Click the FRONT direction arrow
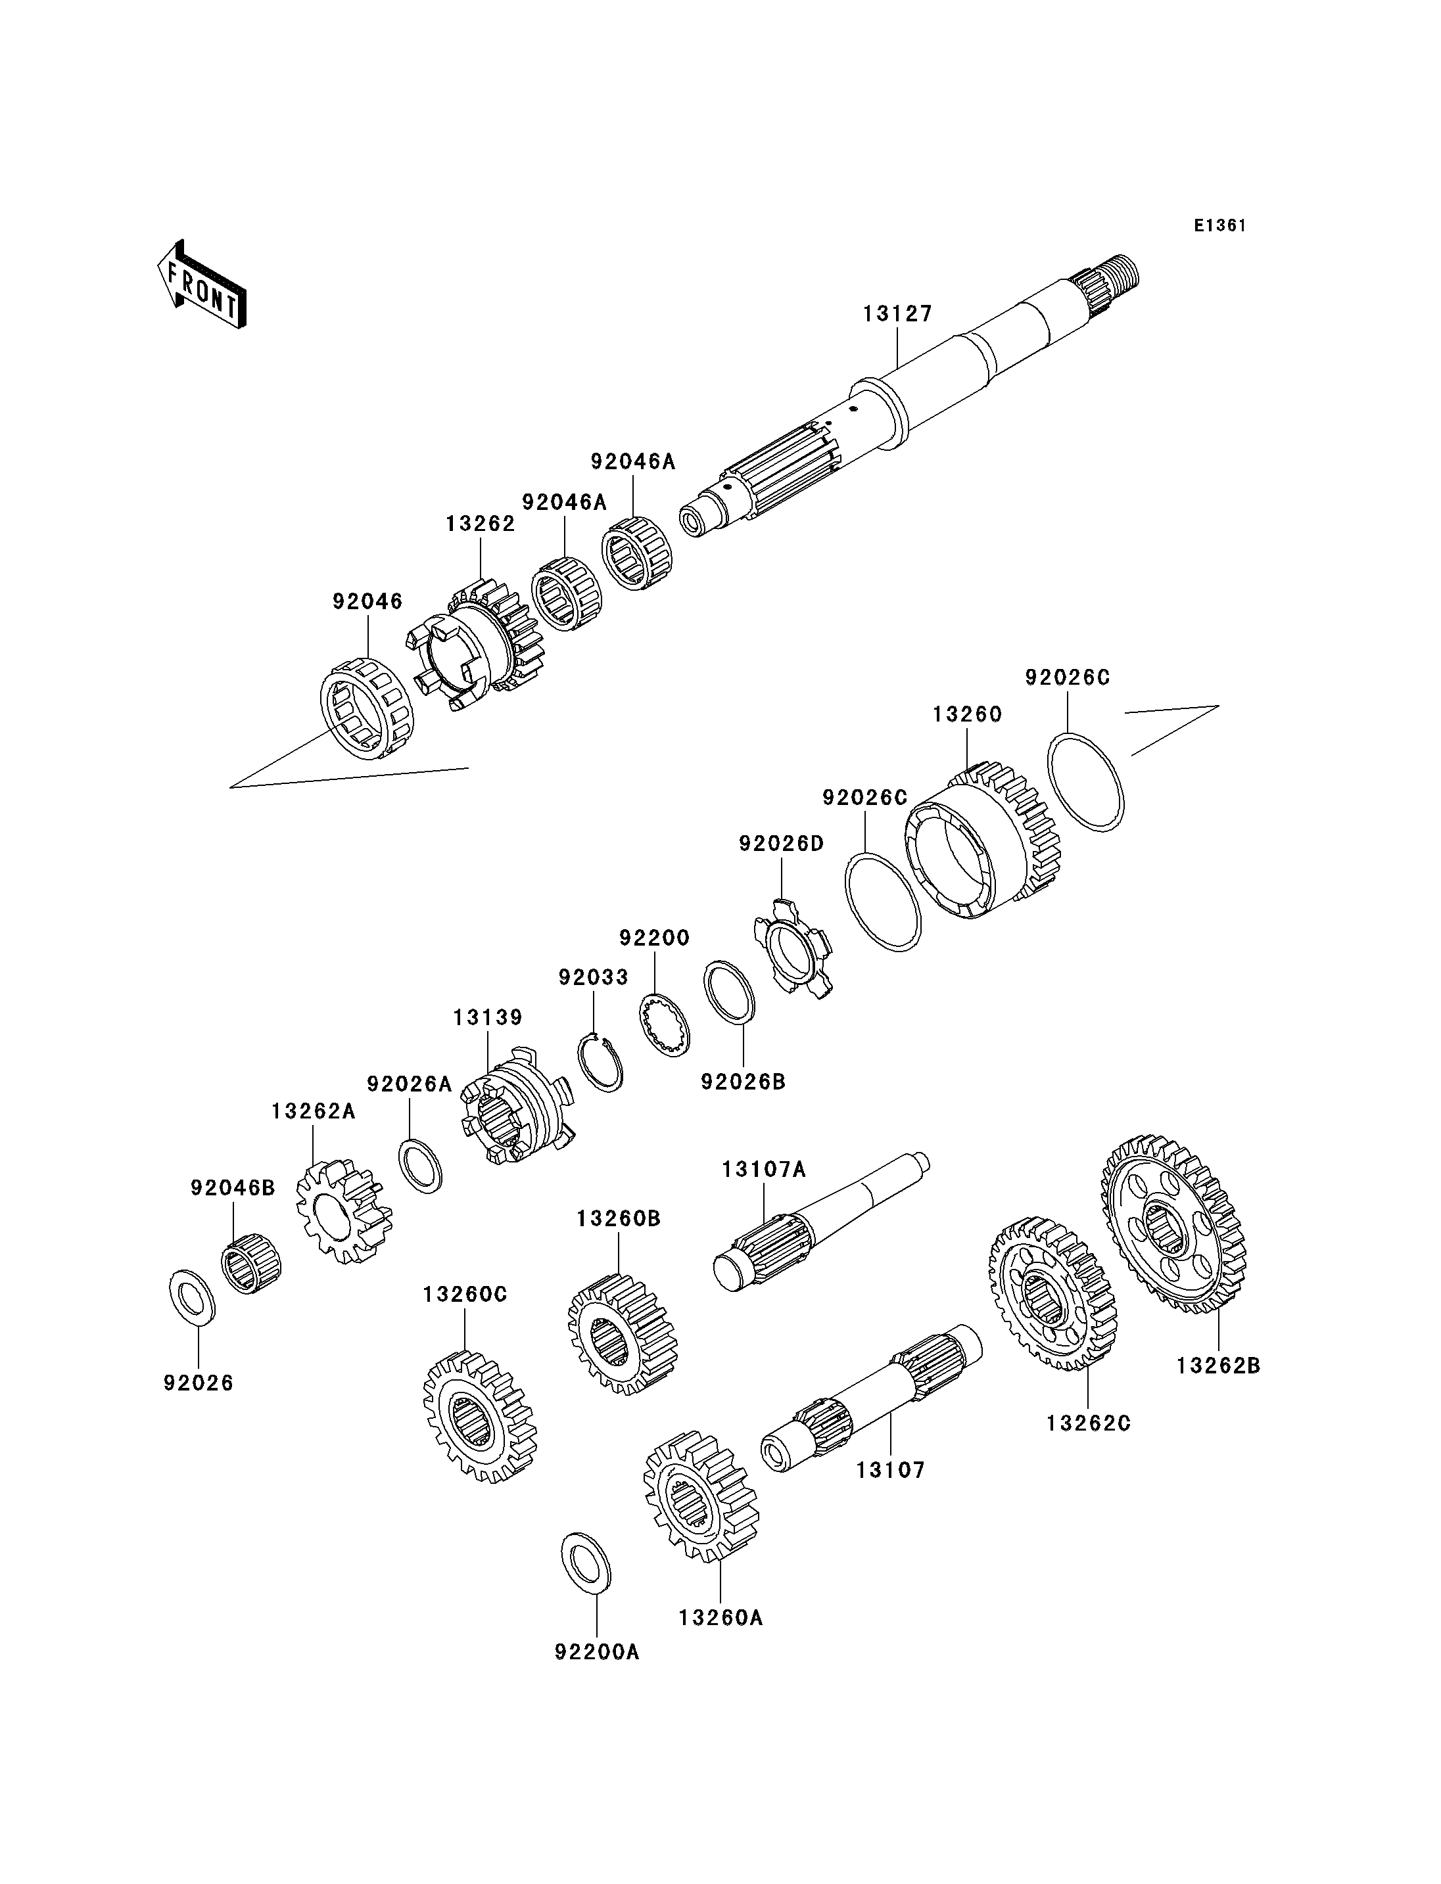[202, 284]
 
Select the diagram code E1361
[1219, 225]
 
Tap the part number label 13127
[897, 314]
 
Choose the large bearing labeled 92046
[366, 708]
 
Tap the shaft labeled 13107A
[821, 1218]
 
